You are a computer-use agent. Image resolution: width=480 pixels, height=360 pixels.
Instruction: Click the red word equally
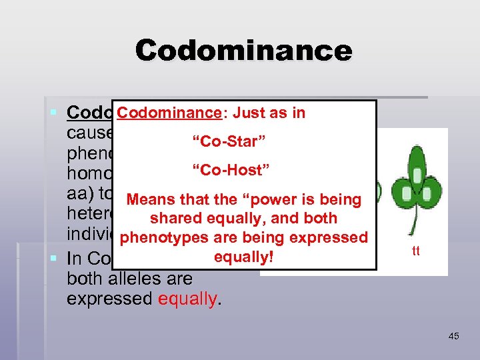[x=187, y=298]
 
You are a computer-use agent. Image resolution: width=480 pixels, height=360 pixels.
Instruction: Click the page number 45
[x=453, y=336]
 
